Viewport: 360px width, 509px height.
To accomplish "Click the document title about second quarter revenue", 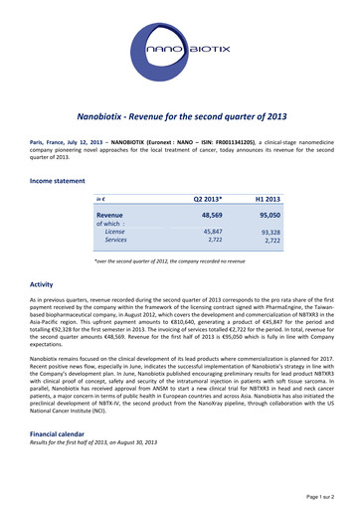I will click(x=179, y=116).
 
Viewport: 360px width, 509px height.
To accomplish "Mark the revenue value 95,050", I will click(x=270, y=214).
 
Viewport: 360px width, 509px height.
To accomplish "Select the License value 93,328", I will click(x=270, y=232).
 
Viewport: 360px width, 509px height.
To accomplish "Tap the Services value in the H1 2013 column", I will click(x=272, y=241).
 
